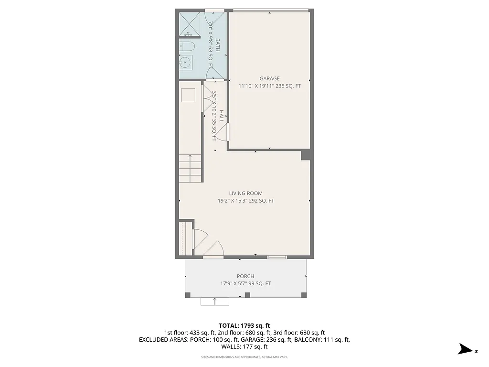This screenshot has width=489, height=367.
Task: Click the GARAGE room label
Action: [x=269, y=79]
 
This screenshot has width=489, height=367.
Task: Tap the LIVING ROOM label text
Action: [x=245, y=194]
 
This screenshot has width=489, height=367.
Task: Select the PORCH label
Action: [x=245, y=276]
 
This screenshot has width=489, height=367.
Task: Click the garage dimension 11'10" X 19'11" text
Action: [x=269, y=86]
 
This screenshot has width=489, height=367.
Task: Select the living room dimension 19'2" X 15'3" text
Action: [x=245, y=201]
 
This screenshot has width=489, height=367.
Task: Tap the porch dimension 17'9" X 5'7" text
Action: [x=245, y=284]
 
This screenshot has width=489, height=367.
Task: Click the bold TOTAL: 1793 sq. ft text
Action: [x=244, y=325]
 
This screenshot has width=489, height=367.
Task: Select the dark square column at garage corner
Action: [x=306, y=156]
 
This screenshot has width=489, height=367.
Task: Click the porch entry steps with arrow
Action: [x=215, y=301]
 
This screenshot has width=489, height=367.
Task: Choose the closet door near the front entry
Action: [x=198, y=239]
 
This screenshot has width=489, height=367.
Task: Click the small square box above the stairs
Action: [x=187, y=96]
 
